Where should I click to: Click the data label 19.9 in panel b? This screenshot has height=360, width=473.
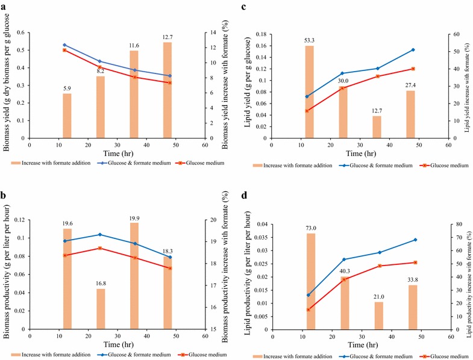click(134, 217)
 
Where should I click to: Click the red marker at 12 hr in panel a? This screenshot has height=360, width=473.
click(64, 50)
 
